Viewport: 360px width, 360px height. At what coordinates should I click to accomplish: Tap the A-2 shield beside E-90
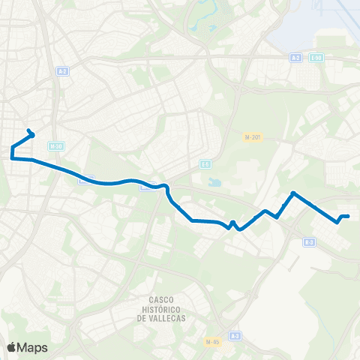point(296,57)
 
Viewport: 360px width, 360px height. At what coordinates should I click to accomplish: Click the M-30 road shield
point(54,146)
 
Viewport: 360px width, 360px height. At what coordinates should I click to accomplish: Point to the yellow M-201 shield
point(252,137)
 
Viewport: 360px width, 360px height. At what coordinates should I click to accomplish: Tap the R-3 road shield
point(310,242)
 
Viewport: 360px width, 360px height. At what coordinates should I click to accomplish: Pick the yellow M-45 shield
point(213,342)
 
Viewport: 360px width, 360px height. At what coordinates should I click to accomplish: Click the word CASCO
point(162,300)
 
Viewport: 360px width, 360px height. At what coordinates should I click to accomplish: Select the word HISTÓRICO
point(162,309)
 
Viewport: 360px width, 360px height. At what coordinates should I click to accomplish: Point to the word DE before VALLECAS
point(142,318)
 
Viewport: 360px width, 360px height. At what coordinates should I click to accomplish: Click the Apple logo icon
point(11,347)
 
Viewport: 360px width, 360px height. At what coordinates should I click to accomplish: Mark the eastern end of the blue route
point(349,216)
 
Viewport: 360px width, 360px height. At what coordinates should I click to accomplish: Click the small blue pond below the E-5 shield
point(215,182)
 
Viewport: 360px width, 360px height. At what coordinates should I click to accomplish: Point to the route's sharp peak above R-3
point(292,193)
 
